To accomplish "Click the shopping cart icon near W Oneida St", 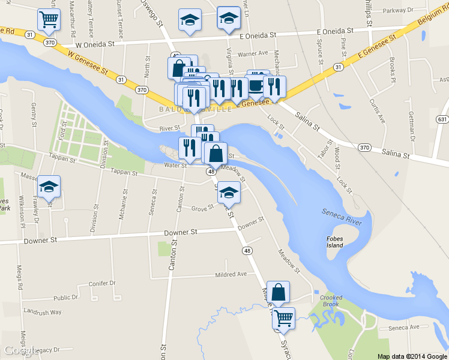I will [x=49, y=19].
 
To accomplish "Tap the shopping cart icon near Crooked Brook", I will [x=283, y=318].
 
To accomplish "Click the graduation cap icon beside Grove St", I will [x=228, y=193].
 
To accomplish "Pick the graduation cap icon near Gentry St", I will [x=49, y=187].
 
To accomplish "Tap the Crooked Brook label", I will [x=331, y=301].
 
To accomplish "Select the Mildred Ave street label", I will [x=231, y=274].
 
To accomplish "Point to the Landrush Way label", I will [x=43, y=312].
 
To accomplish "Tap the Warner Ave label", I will [x=252, y=54].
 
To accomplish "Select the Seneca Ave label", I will [x=403, y=328].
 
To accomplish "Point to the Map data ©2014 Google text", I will [x=412, y=356].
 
